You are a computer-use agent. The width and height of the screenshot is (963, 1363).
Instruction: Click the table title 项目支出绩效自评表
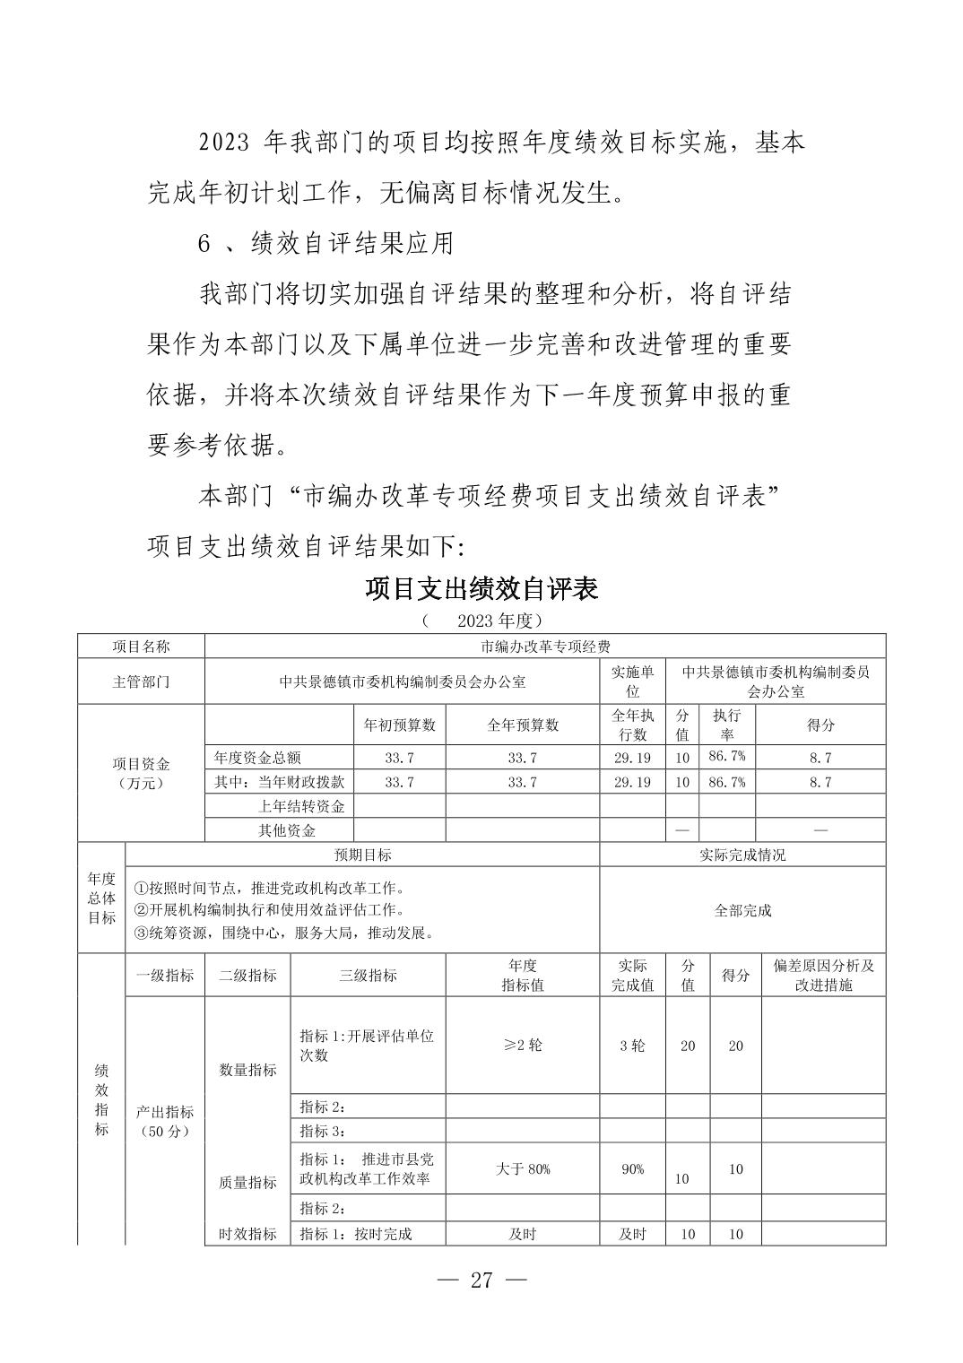(x=481, y=588)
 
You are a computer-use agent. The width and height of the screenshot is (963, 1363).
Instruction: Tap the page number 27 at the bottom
(x=481, y=1280)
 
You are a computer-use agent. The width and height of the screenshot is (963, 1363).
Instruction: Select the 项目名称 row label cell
(x=141, y=647)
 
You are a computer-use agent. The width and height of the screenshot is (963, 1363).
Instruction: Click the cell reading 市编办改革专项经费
(x=544, y=647)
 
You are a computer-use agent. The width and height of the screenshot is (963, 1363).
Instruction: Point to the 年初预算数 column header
(x=399, y=725)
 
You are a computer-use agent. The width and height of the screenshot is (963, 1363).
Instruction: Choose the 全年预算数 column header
(x=522, y=725)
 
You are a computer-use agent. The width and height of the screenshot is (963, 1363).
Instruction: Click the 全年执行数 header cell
(x=632, y=725)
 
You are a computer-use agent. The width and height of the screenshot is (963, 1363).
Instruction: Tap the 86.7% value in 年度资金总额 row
(x=726, y=757)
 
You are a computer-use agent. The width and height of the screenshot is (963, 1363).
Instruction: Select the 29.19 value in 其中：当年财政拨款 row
(x=632, y=782)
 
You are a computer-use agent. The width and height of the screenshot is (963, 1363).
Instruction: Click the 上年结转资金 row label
(x=301, y=806)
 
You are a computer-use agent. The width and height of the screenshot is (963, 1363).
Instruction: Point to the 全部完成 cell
(x=742, y=910)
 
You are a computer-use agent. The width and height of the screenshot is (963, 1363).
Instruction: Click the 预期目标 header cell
(x=362, y=855)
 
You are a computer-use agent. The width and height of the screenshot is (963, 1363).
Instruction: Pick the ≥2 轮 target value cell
(x=522, y=1046)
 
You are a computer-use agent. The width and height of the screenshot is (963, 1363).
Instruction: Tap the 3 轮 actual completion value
(x=632, y=1046)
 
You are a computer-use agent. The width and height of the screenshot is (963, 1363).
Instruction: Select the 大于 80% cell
(x=522, y=1168)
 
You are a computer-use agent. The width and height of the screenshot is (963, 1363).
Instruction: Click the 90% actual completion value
(x=632, y=1168)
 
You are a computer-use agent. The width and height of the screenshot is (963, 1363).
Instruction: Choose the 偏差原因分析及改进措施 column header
(x=823, y=975)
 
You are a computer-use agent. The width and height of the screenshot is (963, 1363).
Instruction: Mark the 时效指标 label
(x=247, y=1234)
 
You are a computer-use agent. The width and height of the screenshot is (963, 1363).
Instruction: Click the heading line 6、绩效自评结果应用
(x=325, y=243)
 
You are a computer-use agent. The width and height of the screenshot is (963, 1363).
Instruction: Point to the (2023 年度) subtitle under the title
(x=481, y=621)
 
